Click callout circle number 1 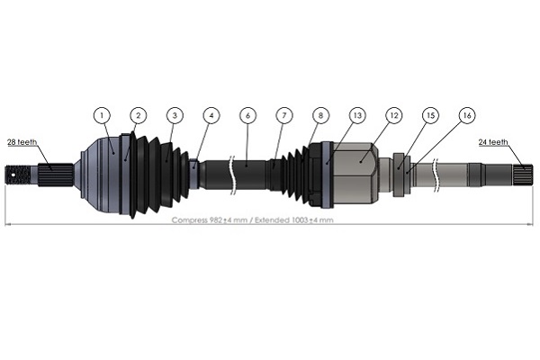(102, 115)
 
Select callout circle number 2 (138, 115)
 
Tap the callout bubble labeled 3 (175, 115)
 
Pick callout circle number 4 (211, 115)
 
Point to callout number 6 (247, 115)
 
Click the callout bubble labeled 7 (284, 115)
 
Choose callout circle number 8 (320, 115)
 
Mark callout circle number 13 (357, 115)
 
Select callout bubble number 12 (393, 115)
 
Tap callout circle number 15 (430, 115)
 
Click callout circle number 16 (466, 115)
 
